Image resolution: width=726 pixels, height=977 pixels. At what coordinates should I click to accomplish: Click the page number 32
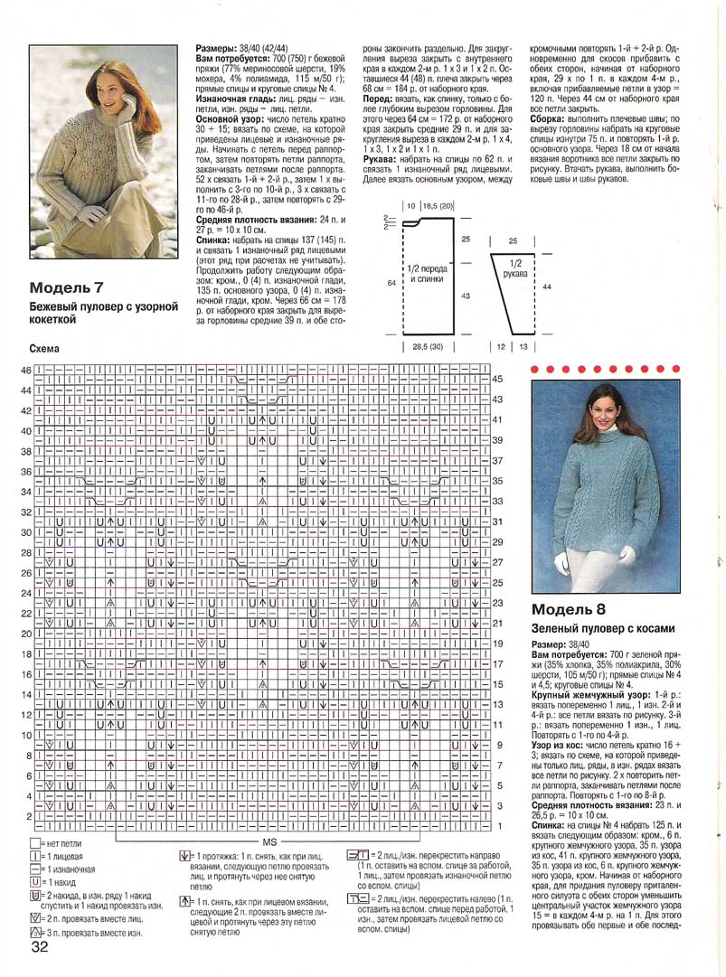[40, 947]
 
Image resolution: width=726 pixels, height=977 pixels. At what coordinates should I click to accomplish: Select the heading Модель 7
[67, 288]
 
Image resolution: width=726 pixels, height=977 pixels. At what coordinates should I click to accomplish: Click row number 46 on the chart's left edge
[26, 371]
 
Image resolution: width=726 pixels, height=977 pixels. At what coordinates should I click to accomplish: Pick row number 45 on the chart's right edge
[498, 380]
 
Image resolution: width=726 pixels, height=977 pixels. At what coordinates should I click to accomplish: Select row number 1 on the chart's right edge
[498, 826]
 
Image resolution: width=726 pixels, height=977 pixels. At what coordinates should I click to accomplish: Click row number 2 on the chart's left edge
[27, 816]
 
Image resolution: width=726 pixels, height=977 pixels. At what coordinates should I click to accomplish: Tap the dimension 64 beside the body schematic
[392, 283]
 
